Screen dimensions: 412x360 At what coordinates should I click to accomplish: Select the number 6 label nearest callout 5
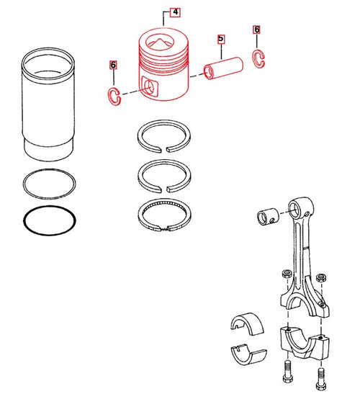coord(257,30)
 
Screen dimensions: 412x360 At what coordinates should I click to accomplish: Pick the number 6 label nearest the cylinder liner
coord(112,65)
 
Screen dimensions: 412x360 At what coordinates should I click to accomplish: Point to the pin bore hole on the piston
coord(150,87)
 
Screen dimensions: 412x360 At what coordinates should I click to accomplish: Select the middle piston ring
coord(166,172)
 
